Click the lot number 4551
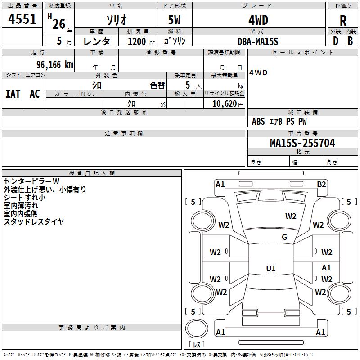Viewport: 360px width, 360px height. [x=22, y=20]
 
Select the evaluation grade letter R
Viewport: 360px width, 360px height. [x=343, y=21]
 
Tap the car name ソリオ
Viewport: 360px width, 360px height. [x=116, y=20]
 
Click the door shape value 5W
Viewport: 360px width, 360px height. [x=175, y=20]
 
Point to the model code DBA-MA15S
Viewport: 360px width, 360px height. [x=258, y=41]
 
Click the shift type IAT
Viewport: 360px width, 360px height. [x=13, y=94]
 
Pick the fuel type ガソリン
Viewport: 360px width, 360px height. [x=175, y=41]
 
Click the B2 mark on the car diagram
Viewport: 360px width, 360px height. [x=321, y=184]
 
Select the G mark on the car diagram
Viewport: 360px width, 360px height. [x=284, y=237]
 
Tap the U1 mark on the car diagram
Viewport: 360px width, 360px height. [x=271, y=269]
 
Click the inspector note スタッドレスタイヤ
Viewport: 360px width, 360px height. [x=34, y=221]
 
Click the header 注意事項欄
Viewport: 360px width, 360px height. [x=123, y=134]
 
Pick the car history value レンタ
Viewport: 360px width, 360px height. [x=97, y=41]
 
